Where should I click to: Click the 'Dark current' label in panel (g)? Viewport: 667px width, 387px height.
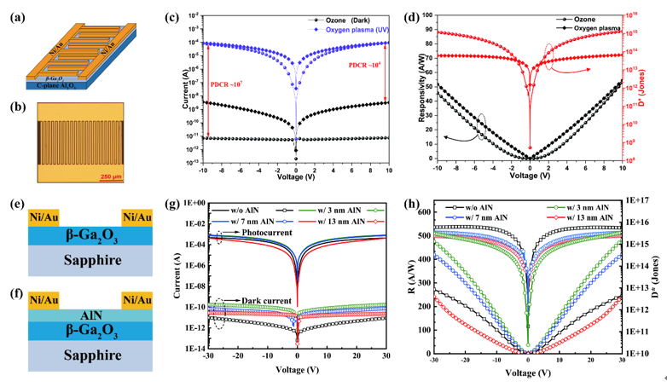click(270, 301)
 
